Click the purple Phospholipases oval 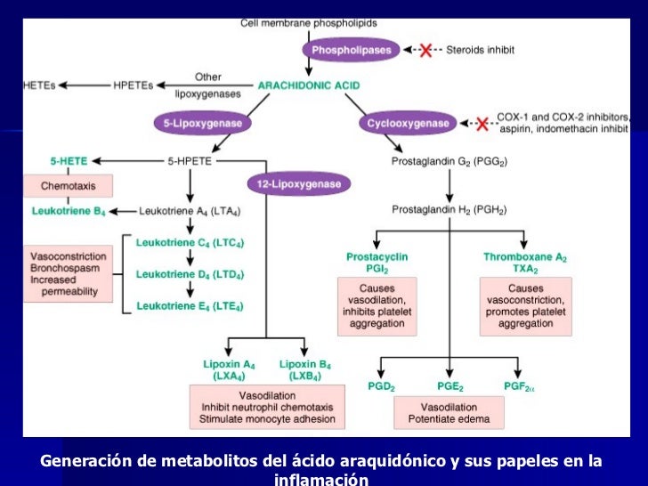352,50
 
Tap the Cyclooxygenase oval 408,124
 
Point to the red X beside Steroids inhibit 425,51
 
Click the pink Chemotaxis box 69,186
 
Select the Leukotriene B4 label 68,212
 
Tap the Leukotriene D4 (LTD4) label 190,274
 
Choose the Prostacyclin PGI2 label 377,262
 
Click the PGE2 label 450,385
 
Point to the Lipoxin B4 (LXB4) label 306,369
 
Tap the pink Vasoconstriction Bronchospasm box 69,272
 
